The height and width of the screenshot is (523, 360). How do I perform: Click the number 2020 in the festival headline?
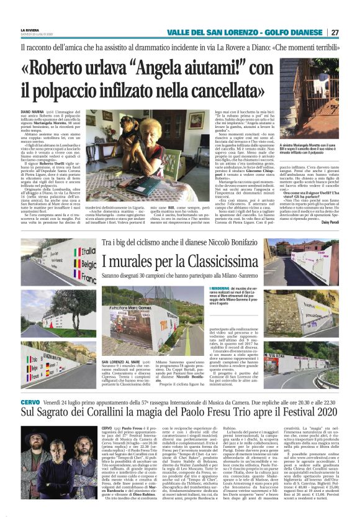pyautogui.click(x=317, y=414)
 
